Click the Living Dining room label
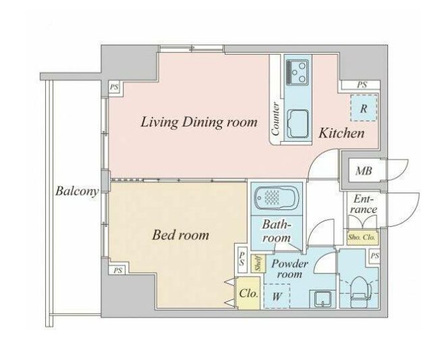coord(199,122)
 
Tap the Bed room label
coord(180,235)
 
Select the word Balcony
coord(77,191)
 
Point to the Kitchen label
coord(341,133)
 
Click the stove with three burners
coord(298,72)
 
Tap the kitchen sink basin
coord(298,124)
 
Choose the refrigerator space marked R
coord(364,108)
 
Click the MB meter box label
coord(364,171)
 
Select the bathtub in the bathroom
coord(277,198)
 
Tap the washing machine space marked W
coord(277,297)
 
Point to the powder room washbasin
coord(323,299)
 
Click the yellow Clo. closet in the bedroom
coord(248,293)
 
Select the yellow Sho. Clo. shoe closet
coord(362,237)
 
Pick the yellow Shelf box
coord(258,263)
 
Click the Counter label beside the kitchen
coord(275,119)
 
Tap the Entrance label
coord(364,205)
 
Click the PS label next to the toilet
coord(374,256)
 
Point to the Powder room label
coord(289,269)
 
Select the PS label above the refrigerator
coord(362,84)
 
